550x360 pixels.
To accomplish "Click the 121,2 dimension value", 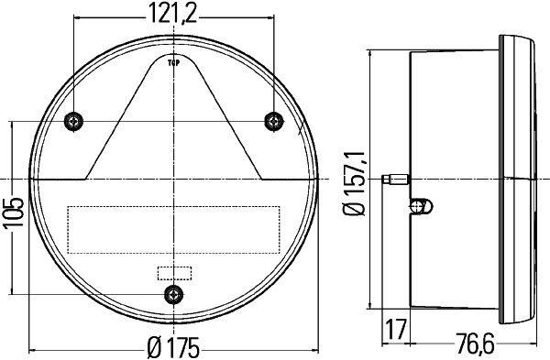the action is click(x=173, y=14).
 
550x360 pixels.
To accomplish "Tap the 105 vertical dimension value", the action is click(x=14, y=212).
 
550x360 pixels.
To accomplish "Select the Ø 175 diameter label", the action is click(x=173, y=348).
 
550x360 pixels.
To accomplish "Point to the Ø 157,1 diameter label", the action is click(x=356, y=183).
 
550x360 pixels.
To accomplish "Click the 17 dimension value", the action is click(x=395, y=329).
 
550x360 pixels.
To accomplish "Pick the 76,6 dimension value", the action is click(x=475, y=344).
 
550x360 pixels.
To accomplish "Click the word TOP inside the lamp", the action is click(x=173, y=63).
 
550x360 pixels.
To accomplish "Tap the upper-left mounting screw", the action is click(x=73, y=122).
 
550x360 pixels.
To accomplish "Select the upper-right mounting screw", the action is click(x=273, y=121).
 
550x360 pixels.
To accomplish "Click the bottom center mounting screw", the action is click(x=173, y=294).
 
